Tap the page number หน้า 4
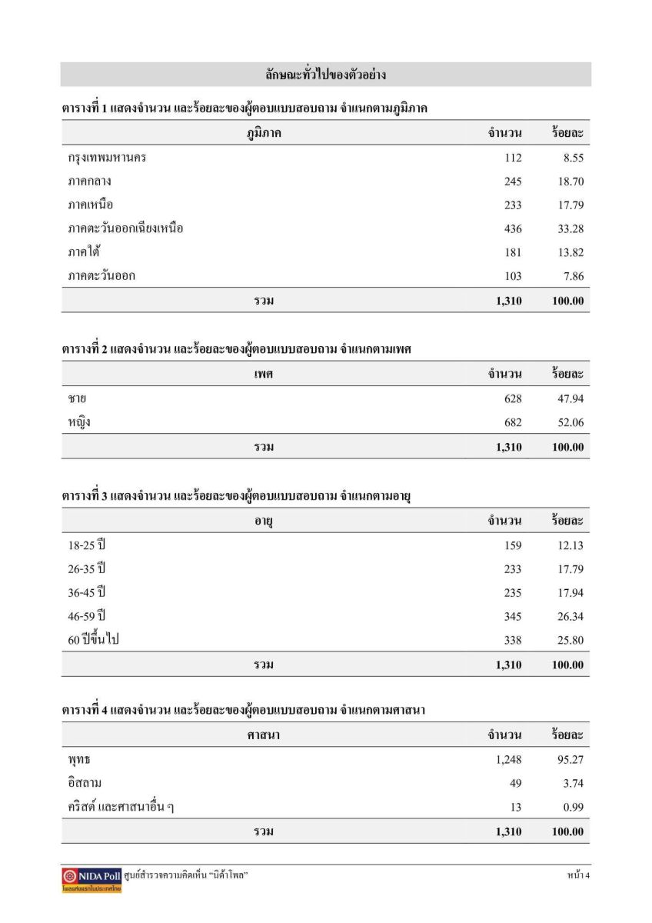[577, 875]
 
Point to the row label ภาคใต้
[85, 252]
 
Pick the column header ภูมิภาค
[264, 133]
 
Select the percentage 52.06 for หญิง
[568, 422]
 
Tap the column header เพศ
[264, 375]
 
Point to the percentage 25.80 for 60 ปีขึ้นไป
[568, 640]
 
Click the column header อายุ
[264, 521]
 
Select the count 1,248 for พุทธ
[508, 760]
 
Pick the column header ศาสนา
[264, 735]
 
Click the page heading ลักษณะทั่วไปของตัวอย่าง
[325, 75]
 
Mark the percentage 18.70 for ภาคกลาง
[568, 182]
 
